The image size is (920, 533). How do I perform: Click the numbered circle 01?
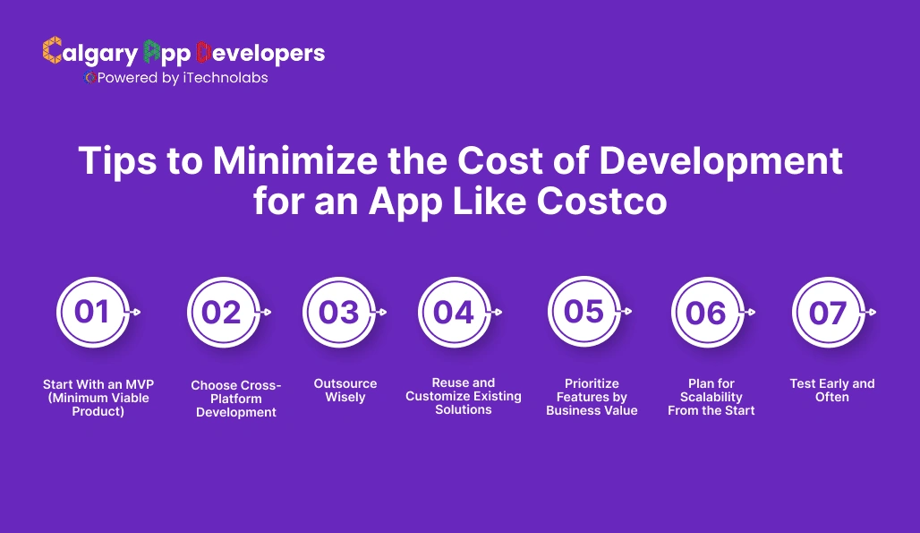[x=92, y=312]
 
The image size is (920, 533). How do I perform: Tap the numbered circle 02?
[x=222, y=312]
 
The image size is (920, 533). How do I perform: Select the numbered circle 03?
[x=338, y=312]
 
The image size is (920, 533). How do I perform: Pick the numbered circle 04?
[x=454, y=312]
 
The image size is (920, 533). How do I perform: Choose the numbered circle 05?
[x=584, y=311]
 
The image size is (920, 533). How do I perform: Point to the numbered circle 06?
[x=706, y=312]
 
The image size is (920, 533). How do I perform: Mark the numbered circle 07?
[x=828, y=312]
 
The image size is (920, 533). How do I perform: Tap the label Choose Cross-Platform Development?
[x=236, y=399]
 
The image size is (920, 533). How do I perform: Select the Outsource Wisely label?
[x=345, y=391]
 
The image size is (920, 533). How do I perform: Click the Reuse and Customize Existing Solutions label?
[x=464, y=396]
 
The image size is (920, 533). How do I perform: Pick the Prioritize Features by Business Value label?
[x=592, y=397]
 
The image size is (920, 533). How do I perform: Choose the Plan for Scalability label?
[x=711, y=397]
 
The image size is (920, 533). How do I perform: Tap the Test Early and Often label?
[x=832, y=391]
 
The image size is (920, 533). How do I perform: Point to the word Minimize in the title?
[x=308, y=161]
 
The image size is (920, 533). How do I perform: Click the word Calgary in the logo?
[x=90, y=53]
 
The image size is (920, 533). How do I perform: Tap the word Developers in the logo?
[x=260, y=53]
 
